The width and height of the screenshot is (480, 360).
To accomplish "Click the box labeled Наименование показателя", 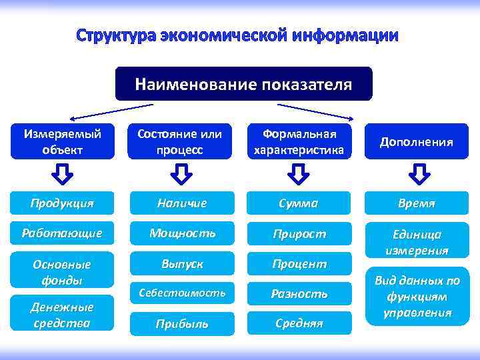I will pos(243,84).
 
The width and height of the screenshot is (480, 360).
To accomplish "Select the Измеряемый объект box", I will pos(62,141).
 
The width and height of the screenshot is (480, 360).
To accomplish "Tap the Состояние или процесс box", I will pos(180,141).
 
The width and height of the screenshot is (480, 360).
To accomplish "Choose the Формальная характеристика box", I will pos(299,141).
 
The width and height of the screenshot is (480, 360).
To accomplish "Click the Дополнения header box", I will pos(417,141).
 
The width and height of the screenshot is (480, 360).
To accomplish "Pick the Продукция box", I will pos(62,203).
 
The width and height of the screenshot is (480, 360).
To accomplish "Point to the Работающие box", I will pos(62,233).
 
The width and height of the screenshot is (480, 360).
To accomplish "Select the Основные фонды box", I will pos(62,271).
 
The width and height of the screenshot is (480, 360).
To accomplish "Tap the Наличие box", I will pos(182,203).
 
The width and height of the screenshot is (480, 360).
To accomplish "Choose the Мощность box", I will pos(182,233).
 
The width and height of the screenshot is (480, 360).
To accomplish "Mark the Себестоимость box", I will pos(182,293).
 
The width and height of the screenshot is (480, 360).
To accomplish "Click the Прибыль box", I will pos(182,323).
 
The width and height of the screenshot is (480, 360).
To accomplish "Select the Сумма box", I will pos(299,203).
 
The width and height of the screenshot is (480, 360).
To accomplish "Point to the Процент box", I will pos(299,264).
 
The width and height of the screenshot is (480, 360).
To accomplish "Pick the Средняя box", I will pos(299,323).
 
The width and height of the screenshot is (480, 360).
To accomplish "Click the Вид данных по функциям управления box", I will pos(417,296).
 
